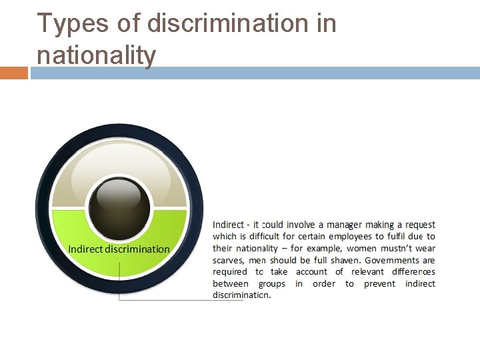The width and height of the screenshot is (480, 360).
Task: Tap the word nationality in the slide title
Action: tap(96, 55)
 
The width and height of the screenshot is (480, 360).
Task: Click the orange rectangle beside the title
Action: tap(13, 72)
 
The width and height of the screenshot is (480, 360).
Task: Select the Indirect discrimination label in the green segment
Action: tap(119, 249)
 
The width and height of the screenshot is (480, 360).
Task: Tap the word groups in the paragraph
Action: tap(271, 283)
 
